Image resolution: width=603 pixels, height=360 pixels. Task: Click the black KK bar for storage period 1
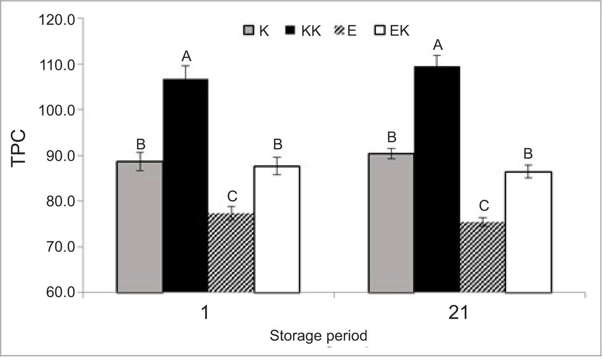[185, 186]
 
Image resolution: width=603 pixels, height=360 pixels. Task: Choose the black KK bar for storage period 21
[437, 180]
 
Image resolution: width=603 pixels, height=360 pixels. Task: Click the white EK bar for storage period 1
[277, 229]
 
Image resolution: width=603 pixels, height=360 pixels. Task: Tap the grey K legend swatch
[248, 31]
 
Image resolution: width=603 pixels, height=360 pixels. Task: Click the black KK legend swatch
[290, 31]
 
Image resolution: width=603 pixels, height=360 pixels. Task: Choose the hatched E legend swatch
[339, 31]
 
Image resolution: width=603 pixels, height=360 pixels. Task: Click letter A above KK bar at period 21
[437, 45]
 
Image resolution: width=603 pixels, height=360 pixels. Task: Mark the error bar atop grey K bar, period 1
[140, 161]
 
